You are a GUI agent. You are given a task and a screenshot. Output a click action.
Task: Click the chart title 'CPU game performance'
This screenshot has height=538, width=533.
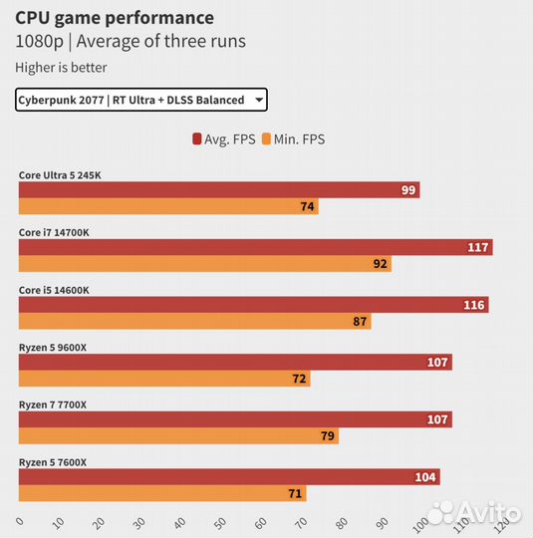115,17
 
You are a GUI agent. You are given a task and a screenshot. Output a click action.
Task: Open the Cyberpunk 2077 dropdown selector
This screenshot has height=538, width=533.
140,100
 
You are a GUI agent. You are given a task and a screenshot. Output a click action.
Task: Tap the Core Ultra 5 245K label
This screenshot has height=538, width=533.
60,175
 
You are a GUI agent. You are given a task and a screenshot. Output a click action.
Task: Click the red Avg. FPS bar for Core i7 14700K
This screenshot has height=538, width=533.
255,247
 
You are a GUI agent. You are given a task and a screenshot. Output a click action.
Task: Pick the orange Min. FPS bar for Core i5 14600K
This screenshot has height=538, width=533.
194,322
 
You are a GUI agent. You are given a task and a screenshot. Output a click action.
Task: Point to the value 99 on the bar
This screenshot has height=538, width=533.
408,190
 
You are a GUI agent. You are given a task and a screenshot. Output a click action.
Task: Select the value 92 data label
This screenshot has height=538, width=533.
380,264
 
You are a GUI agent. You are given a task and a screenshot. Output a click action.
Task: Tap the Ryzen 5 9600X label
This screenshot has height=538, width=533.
54,348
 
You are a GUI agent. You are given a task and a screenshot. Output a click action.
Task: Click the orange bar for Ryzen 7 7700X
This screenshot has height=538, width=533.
178,436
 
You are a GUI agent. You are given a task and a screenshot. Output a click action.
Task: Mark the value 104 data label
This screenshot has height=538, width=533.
426,477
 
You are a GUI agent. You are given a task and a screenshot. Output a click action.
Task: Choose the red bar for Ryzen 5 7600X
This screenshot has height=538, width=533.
229,477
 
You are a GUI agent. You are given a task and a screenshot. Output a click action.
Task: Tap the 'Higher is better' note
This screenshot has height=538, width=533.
61,68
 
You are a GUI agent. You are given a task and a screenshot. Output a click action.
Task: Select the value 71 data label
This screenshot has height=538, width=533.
295,494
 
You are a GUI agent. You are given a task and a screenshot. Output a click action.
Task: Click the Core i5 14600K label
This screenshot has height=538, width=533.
54,290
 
